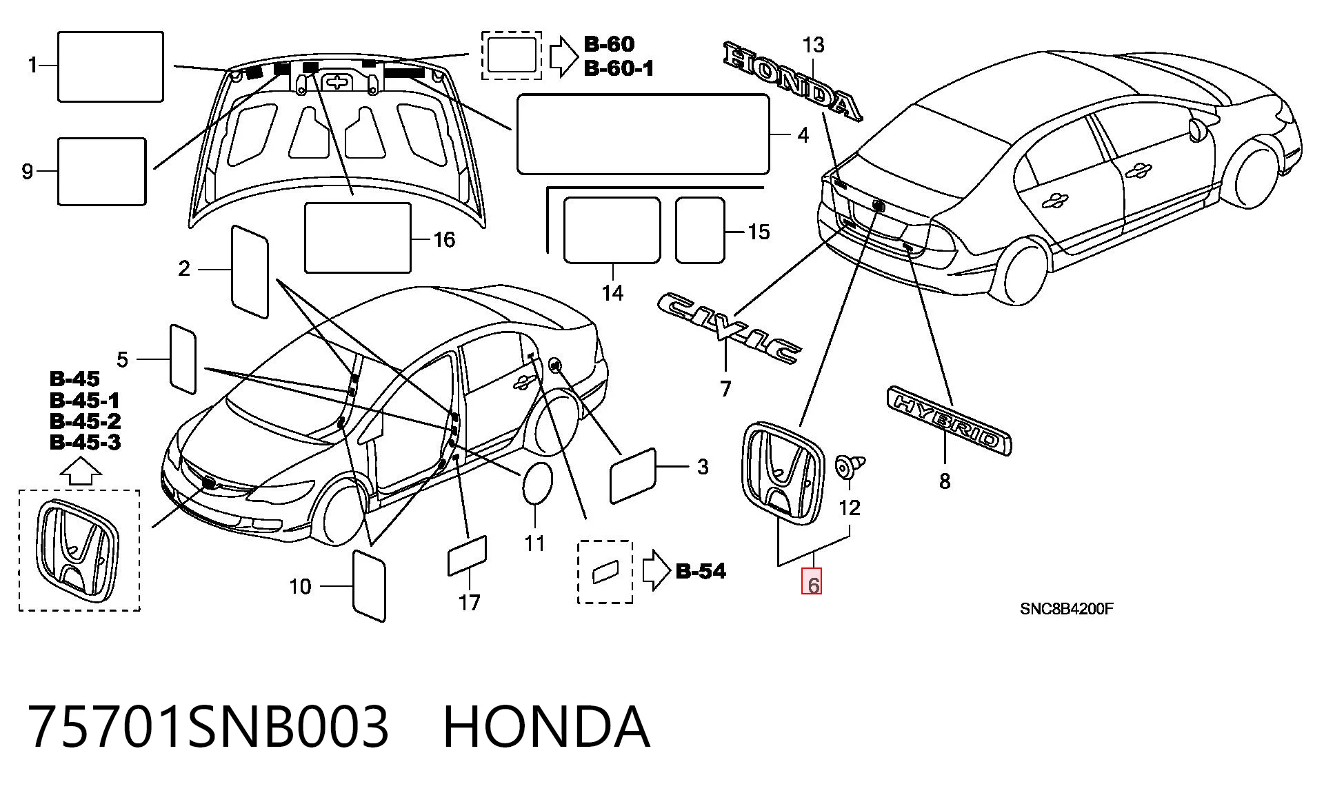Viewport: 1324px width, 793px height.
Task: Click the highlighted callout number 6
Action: point(811,585)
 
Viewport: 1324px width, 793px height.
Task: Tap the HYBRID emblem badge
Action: point(949,420)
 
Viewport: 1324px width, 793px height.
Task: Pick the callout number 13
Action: point(814,45)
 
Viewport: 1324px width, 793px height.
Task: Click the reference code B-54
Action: point(701,571)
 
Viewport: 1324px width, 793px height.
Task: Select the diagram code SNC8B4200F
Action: point(1067,609)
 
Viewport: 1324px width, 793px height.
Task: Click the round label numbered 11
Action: point(539,484)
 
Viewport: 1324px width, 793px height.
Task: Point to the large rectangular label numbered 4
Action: point(643,134)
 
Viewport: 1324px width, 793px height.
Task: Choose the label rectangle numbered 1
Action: point(110,66)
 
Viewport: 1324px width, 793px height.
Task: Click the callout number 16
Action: point(444,239)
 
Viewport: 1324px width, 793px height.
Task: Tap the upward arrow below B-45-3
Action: point(81,473)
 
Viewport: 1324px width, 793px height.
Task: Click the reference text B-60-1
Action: point(619,68)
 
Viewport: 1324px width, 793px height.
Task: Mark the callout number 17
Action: point(469,603)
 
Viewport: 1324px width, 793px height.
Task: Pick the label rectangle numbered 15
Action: point(700,230)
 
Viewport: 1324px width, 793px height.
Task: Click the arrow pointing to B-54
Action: point(656,571)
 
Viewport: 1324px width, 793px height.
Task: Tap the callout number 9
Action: point(28,171)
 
